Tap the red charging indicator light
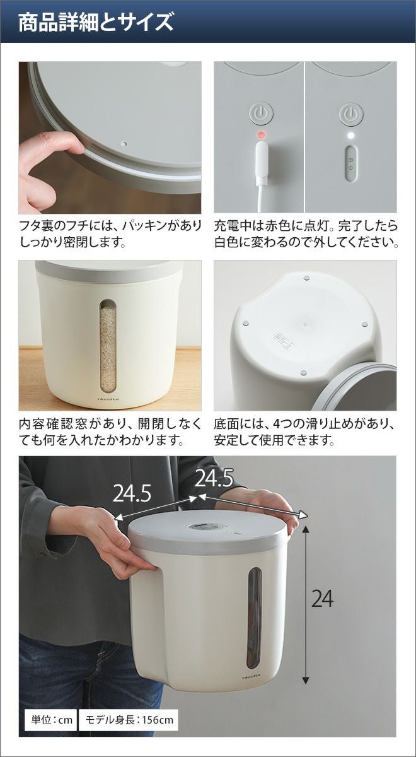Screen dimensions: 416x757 [x=260, y=136]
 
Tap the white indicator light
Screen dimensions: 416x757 [x=351, y=136]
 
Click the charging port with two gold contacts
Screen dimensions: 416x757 [x=351, y=162]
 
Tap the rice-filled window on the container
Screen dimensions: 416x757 [x=108, y=347]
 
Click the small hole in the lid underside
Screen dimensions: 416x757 [x=125, y=144]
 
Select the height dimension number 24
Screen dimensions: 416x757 [x=322, y=598]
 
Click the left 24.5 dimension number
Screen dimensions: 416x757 [x=132, y=493]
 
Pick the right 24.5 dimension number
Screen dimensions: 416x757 [x=214, y=478]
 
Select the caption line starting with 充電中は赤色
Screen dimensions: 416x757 [x=306, y=225]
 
